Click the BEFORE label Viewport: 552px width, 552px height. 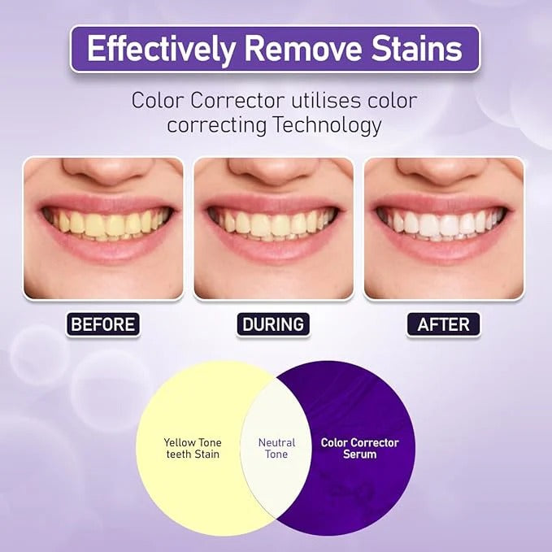tap(103, 324)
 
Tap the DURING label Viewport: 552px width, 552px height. tap(273, 324)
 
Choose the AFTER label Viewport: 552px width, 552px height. tap(443, 324)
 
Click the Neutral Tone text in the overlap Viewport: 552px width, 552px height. tap(276, 449)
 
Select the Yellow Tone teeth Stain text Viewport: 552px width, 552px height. tap(192, 449)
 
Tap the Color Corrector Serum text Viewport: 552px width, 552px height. tap(359, 449)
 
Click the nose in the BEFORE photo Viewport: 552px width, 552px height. tap(103, 171)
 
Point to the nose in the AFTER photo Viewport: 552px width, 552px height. tap(444, 171)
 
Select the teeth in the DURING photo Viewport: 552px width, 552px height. tap(274, 224)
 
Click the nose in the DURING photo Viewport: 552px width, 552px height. tap(274, 171)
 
